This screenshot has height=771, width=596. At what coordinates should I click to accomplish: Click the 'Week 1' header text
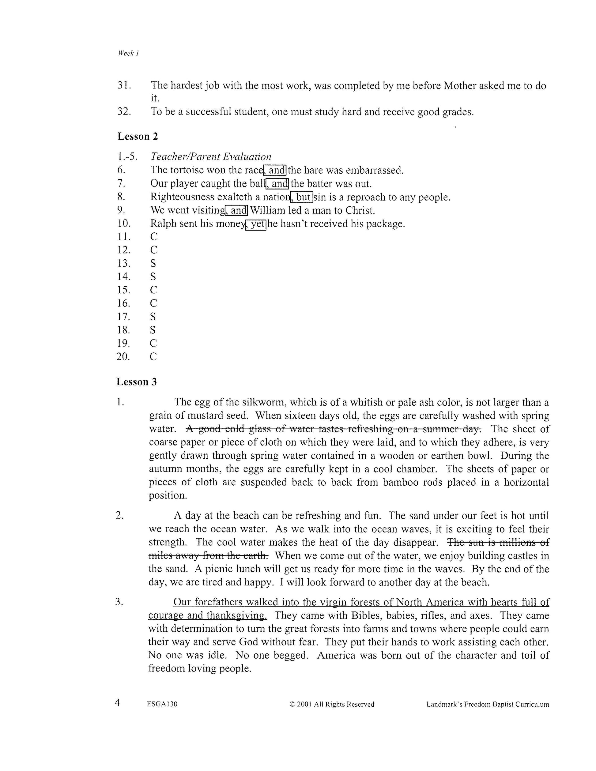pyautogui.click(x=128, y=53)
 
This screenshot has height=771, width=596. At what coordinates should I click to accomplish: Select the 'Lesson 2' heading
pyautogui.click(x=137, y=137)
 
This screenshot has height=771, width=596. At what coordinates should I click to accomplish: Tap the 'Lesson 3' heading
pyautogui.click(x=137, y=382)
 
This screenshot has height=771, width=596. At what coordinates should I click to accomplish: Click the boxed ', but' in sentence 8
pyautogui.click(x=302, y=197)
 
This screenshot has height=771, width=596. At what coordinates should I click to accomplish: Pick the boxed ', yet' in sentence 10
pyautogui.click(x=256, y=224)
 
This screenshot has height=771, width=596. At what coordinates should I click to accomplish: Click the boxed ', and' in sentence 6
pyautogui.click(x=275, y=170)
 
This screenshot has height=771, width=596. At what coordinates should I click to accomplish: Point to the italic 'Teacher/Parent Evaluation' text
pyautogui.click(x=211, y=157)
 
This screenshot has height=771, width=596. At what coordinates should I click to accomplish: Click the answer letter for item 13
pyautogui.click(x=153, y=263)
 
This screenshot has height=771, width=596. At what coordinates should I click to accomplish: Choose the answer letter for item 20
pyautogui.click(x=153, y=356)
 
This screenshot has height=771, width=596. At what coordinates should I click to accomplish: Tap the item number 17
pyautogui.click(x=123, y=317)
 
